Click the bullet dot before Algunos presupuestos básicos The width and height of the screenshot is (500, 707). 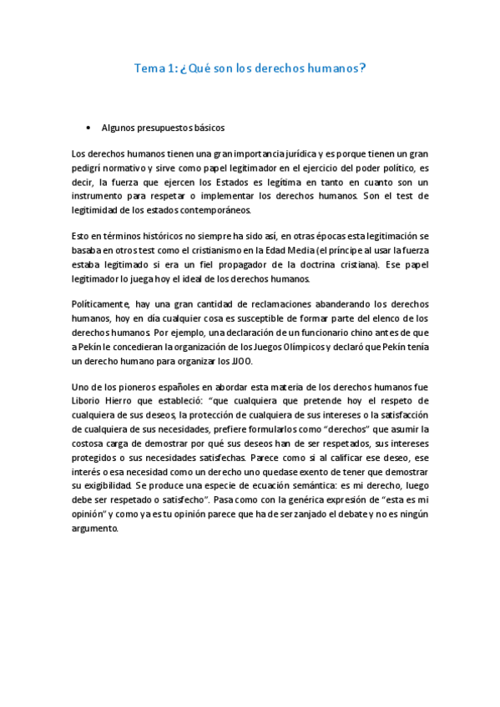tap(88, 128)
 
